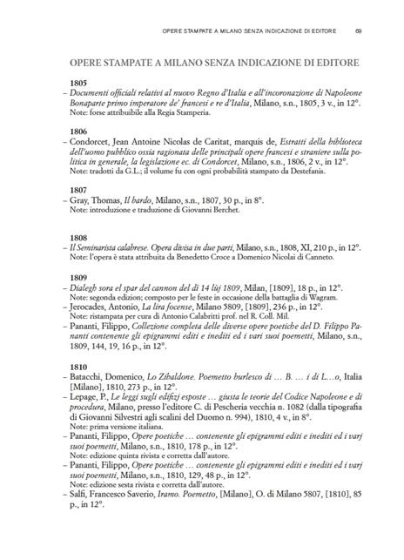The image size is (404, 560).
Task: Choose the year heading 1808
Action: (x=77, y=237)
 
